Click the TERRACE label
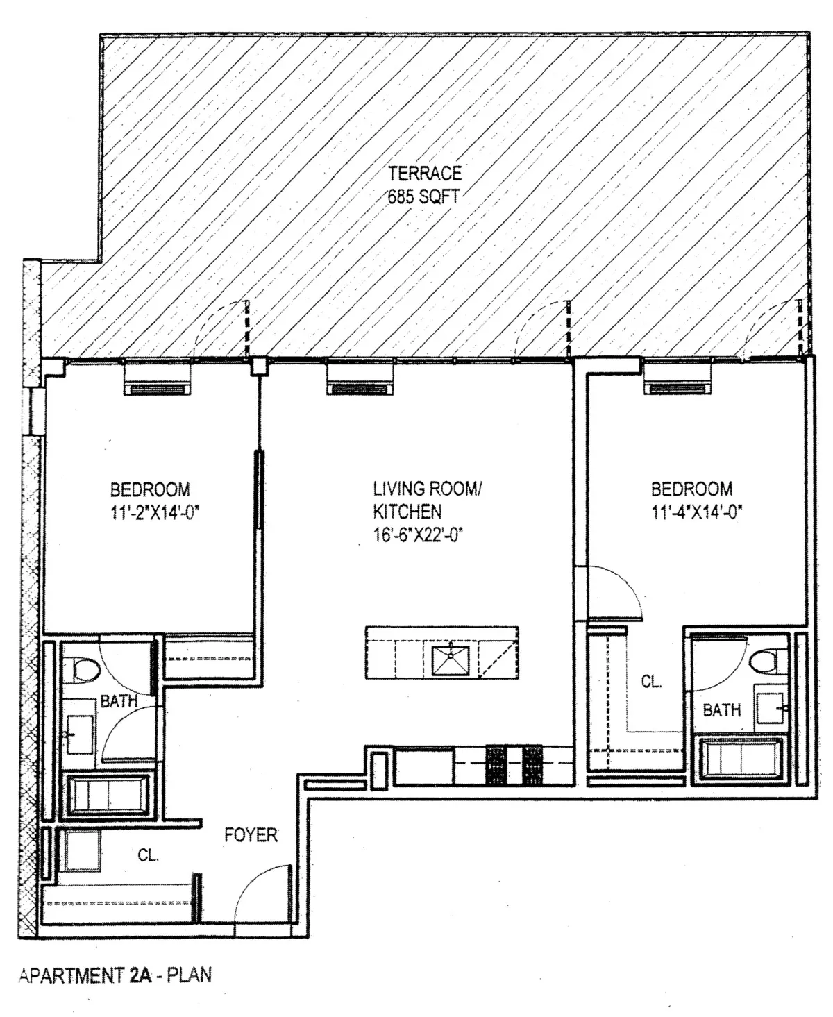tap(424, 173)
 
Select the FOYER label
tap(251, 834)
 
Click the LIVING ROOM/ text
tap(426, 489)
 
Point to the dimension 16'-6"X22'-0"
tap(418, 535)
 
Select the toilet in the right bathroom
tap(768, 659)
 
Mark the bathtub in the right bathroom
tap(742, 762)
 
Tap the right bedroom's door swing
tap(614, 590)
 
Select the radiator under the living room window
tap(360, 380)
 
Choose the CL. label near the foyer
tap(148, 856)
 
